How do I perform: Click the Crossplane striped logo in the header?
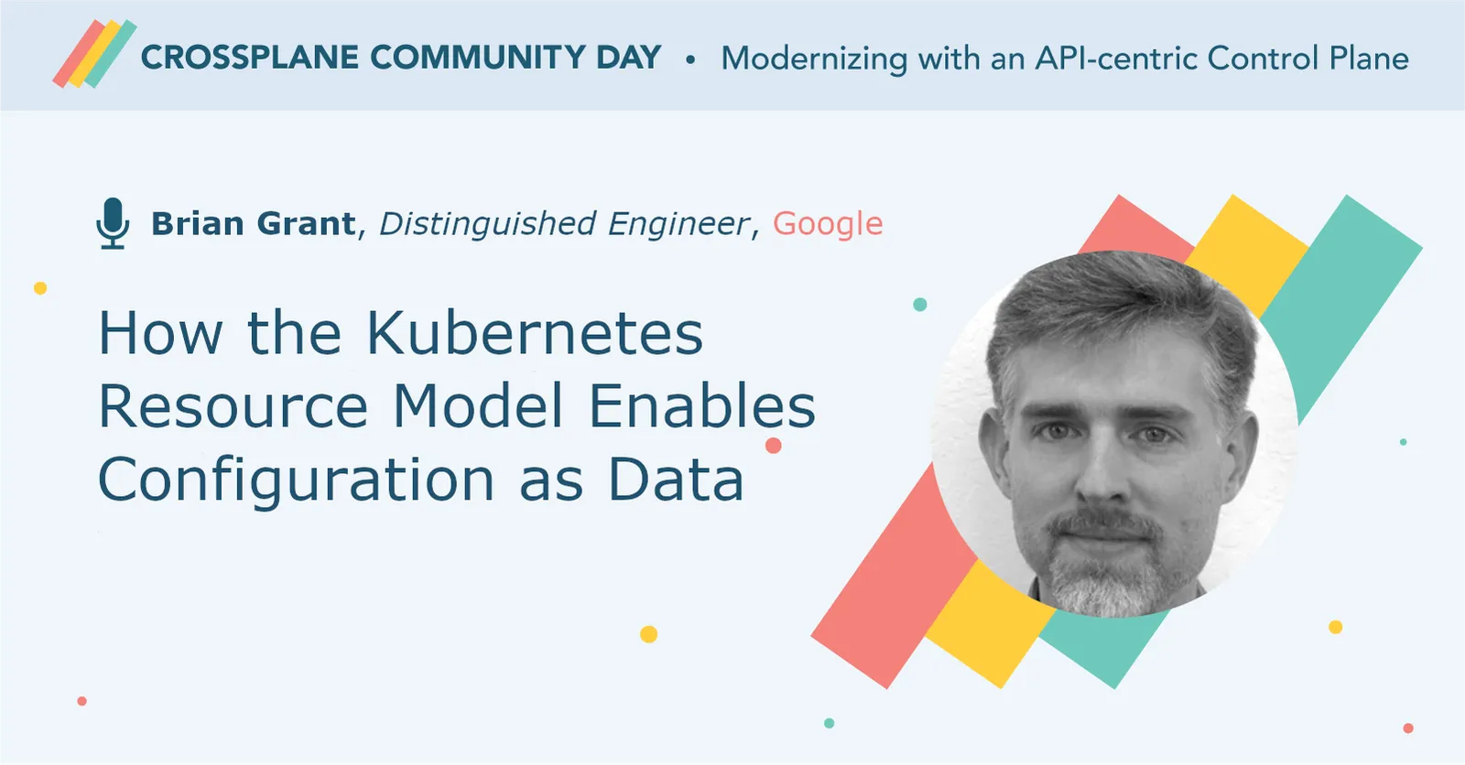coord(94,55)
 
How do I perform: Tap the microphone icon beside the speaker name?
coord(113,222)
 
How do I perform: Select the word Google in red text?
coord(828,223)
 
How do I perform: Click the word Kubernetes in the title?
coord(535,333)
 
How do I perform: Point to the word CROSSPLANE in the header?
coord(249,58)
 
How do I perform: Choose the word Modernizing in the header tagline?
coord(813,59)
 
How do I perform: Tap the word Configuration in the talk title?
coord(296,480)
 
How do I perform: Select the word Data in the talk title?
coord(676,480)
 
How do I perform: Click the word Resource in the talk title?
coord(233,406)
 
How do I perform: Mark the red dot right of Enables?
coord(774,446)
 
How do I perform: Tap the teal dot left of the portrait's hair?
coord(920,305)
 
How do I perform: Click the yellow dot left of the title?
coord(40,288)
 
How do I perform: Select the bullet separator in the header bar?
coord(690,59)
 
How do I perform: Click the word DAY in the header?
coord(628,58)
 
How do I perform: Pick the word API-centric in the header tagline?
coord(1115,59)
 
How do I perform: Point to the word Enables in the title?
coord(701,406)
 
